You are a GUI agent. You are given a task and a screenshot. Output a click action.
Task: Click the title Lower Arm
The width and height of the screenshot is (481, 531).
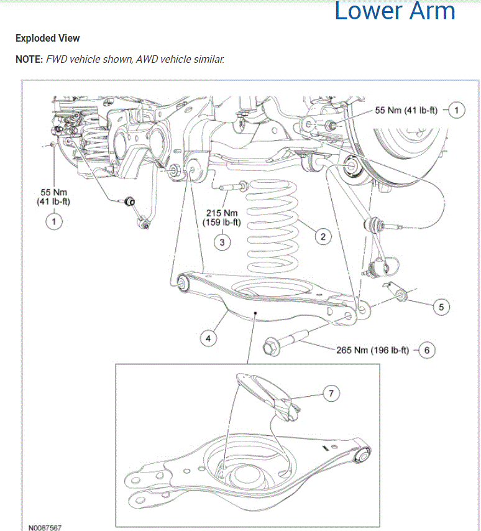click(395, 11)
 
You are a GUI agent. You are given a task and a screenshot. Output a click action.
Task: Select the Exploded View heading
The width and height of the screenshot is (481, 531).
click(47, 38)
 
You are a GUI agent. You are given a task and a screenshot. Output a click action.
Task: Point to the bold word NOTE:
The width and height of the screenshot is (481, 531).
click(29, 59)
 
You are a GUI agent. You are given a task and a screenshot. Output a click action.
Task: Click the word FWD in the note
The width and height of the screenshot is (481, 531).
click(58, 59)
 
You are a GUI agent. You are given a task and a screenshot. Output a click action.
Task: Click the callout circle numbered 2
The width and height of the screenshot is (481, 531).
click(323, 236)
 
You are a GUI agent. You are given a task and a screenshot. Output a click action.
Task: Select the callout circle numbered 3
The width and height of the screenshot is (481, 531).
click(222, 241)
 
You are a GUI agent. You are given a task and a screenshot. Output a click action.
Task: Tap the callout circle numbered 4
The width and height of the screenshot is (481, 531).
click(208, 338)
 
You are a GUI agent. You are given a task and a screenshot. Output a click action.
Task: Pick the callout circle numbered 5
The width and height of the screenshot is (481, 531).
click(441, 307)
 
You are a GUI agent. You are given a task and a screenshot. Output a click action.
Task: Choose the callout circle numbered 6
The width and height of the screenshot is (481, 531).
click(426, 350)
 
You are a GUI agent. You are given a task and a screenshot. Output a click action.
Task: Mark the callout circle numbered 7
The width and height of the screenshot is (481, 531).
click(332, 393)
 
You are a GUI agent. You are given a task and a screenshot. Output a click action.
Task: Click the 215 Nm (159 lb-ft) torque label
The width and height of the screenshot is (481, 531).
click(222, 218)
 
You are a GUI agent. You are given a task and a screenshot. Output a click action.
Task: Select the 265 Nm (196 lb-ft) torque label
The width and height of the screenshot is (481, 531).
click(372, 350)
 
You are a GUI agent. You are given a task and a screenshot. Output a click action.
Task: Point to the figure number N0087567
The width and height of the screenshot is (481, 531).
click(45, 527)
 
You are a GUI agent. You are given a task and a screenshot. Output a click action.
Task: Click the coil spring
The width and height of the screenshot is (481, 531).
click(273, 233)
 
